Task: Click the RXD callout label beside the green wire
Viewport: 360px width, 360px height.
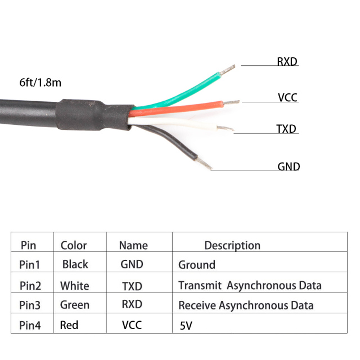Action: pyautogui.click(x=287, y=61)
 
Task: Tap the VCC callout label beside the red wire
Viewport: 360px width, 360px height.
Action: pyautogui.click(x=287, y=98)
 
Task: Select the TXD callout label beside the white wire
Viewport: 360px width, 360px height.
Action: pyautogui.click(x=286, y=129)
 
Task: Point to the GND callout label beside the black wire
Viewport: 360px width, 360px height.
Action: pyautogui.click(x=289, y=166)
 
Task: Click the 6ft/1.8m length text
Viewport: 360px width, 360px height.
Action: pyautogui.click(x=40, y=82)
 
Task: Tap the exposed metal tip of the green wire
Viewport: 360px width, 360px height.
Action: pyautogui.click(x=228, y=70)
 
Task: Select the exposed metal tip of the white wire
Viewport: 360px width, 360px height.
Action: pyautogui.click(x=226, y=129)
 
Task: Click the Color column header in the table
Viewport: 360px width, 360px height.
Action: pyautogui.click(x=74, y=245)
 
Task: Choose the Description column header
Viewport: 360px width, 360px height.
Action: pyautogui.click(x=232, y=245)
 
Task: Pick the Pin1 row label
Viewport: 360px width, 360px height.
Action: pyautogui.click(x=30, y=264)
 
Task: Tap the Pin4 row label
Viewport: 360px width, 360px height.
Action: pyautogui.click(x=30, y=325)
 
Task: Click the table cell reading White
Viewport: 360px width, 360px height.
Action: pyautogui.click(x=75, y=286)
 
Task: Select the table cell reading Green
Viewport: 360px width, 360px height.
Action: pyautogui.click(x=75, y=305)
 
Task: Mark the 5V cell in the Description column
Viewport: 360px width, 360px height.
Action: pyautogui.click(x=186, y=326)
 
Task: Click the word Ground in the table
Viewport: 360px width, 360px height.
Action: pyautogui.click(x=197, y=265)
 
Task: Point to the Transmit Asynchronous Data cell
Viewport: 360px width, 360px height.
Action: pyautogui.click(x=250, y=286)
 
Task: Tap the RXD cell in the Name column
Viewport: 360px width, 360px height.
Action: pyautogui.click(x=132, y=305)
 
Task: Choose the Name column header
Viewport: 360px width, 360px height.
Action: pyautogui.click(x=133, y=245)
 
